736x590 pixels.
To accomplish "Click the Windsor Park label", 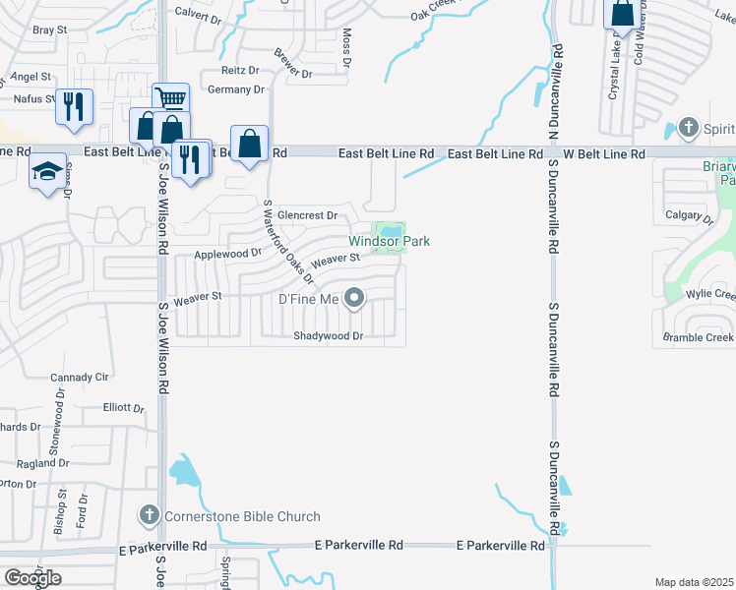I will (390, 241).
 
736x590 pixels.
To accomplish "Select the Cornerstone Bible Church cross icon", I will (148, 515).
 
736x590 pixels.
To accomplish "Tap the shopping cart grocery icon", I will (170, 97).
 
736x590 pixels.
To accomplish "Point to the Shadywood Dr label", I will (329, 336).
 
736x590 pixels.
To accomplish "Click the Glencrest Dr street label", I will (307, 215).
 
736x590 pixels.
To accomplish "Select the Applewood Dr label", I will (227, 253).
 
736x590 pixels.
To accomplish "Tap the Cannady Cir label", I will (80, 377).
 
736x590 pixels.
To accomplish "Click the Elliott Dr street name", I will (124, 406).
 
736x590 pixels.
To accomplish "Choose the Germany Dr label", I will (236, 89).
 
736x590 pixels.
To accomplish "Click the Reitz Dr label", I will (239, 71).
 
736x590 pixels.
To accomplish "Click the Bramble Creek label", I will (698, 337).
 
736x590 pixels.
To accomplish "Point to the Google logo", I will (32, 578).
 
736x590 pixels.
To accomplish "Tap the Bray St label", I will (49, 30).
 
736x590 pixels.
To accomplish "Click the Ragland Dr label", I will (41, 463).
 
